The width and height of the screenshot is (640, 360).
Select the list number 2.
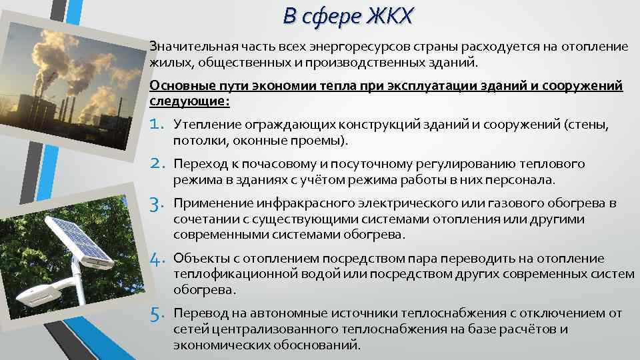coord(159,164)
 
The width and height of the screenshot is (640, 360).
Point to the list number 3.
coord(159,203)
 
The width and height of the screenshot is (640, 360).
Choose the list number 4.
coord(159,259)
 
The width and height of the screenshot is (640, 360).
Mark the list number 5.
coord(159,313)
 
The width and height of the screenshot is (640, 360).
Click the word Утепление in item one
coord(201,125)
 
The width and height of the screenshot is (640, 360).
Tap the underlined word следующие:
coord(190,101)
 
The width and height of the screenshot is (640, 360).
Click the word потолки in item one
coord(195,141)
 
